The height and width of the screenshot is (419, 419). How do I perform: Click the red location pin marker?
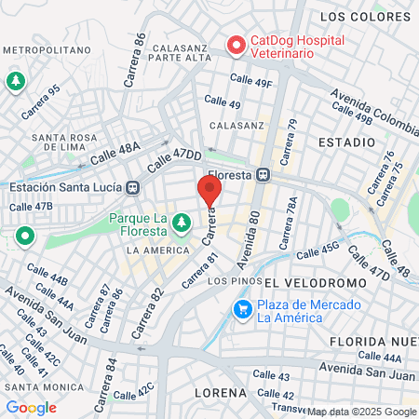(209, 190)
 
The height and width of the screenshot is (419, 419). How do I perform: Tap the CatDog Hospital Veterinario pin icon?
(236, 44)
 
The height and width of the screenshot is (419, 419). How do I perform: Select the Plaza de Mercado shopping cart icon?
(243, 308)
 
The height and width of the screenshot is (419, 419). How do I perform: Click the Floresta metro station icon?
(264, 173)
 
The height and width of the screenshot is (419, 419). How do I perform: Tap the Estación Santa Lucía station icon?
(133, 187)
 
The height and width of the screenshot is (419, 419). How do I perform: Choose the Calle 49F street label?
(251, 82)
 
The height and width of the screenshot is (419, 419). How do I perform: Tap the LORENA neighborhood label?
(221, 393)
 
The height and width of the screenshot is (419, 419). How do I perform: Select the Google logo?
(31, 407)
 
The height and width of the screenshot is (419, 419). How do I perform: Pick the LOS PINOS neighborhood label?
(230, 280)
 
